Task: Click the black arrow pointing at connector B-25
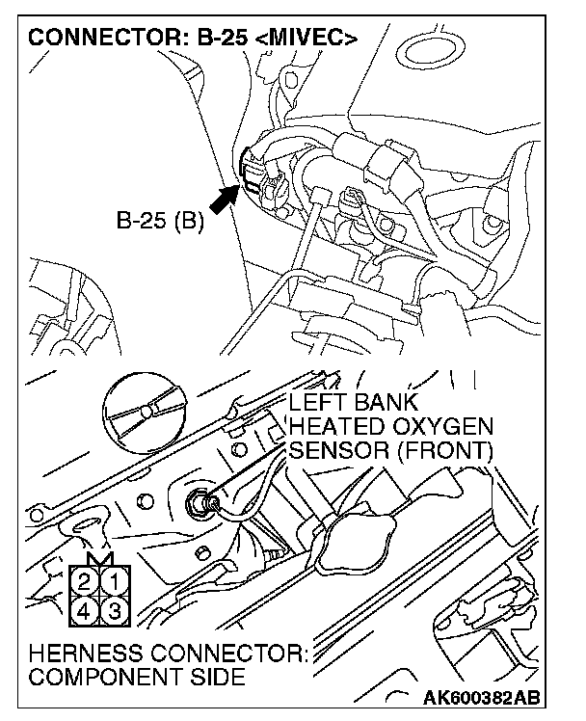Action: coord(223,198)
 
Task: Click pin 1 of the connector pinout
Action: coord(113,582)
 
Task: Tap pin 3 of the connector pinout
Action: coord(113,610)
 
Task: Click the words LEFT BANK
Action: coord(355,403)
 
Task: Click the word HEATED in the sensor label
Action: coord(333,426)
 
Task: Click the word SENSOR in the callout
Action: coord(332,449)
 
